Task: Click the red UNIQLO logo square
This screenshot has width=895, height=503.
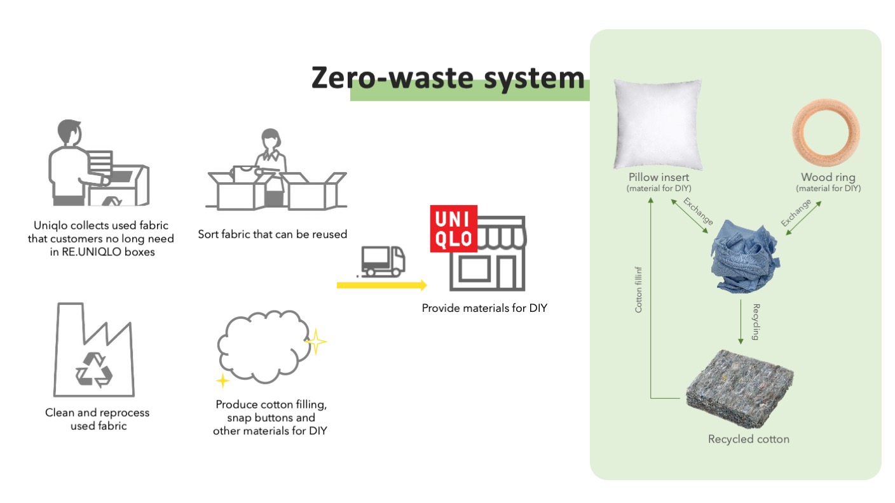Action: [453, 229]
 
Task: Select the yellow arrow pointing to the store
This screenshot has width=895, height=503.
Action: [381, 286]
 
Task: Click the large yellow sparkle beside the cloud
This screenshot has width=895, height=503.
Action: [315, 343]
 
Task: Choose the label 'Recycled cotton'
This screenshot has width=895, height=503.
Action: [748, 439]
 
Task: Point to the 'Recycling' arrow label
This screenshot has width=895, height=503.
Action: [756, 322]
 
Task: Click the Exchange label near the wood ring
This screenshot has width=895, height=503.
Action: [796, 213]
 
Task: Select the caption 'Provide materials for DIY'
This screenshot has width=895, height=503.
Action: [484, 309]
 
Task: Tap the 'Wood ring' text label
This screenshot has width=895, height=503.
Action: [828, 177]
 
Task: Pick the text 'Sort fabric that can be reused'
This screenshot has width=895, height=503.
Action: [272, 234]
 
